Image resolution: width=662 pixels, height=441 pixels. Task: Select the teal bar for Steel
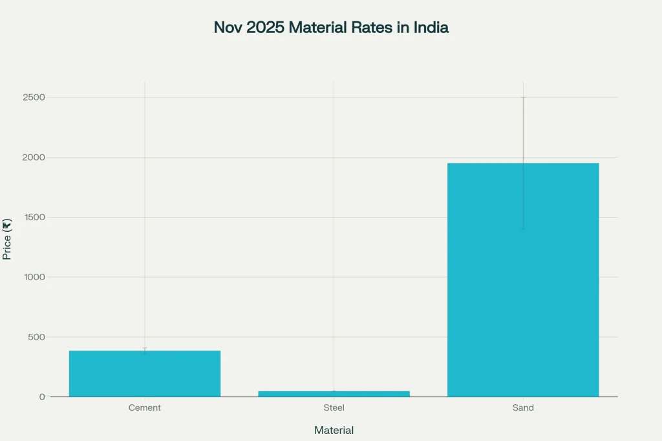pos(334,393)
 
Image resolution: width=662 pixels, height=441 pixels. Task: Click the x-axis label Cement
pos(145,408)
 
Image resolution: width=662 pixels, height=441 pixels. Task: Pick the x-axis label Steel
pos(334,408)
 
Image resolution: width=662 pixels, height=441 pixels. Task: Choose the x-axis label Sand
pos(523,408)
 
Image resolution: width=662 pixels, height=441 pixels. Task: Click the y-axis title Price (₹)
pos(7,239)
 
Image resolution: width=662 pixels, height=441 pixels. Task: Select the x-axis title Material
pos(334,430)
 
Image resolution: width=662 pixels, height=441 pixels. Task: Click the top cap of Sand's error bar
pos(523,97)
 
